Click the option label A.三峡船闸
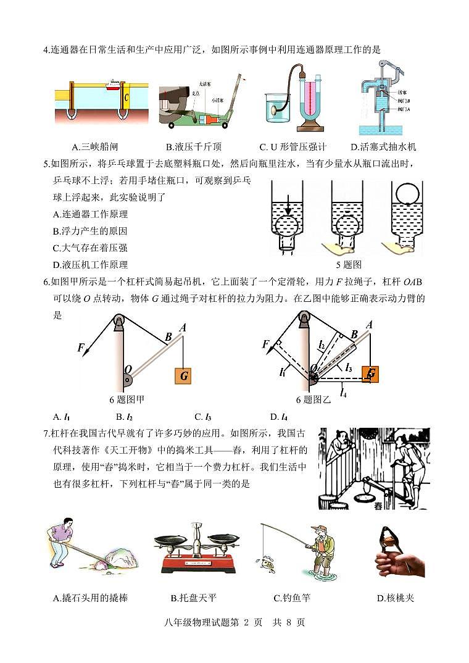point(94,147)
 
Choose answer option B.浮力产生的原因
point(90,231)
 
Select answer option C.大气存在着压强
point(90,248)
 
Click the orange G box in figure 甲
point(183,375)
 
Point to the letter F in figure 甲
point(80,348)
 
